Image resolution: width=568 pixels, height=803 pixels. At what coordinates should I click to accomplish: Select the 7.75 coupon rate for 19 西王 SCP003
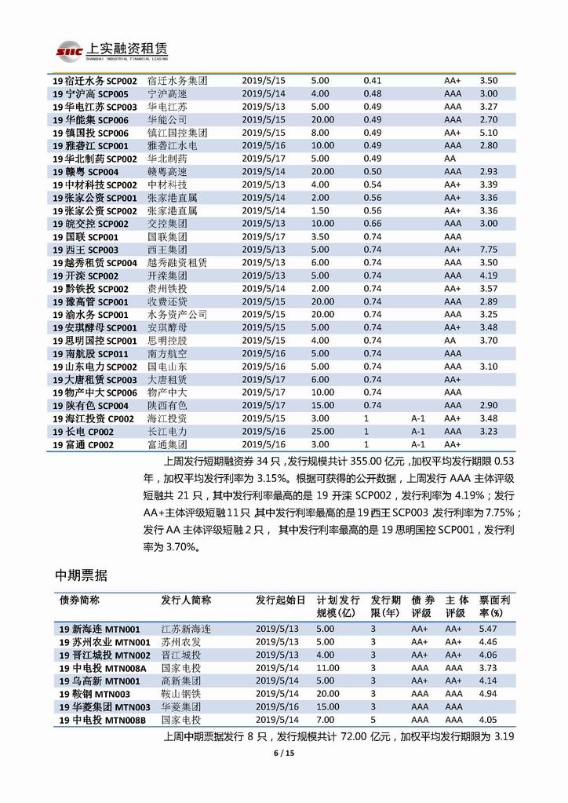click(488, 249)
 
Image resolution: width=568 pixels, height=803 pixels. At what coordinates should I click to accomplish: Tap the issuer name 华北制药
click(167, 159)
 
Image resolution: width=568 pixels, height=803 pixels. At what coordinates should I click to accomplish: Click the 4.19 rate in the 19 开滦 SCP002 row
click(488, 276)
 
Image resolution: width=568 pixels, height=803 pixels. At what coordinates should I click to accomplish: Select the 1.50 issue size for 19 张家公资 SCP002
click(319, 210)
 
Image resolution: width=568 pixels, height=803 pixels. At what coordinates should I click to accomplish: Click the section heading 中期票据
click(81, 576)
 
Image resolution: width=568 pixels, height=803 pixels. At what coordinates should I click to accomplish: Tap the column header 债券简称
click(79, 600)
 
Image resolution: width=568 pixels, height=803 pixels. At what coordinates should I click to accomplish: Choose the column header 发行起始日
click(280, 600)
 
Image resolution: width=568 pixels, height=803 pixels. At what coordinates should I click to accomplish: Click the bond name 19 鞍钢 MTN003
click(95, 694)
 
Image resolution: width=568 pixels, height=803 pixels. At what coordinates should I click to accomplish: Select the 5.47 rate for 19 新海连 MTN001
click(488, 629)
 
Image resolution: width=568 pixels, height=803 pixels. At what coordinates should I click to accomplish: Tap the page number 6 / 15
click(283, 754)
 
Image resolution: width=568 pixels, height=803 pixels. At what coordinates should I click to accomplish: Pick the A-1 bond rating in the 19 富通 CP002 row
click(417, 444)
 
